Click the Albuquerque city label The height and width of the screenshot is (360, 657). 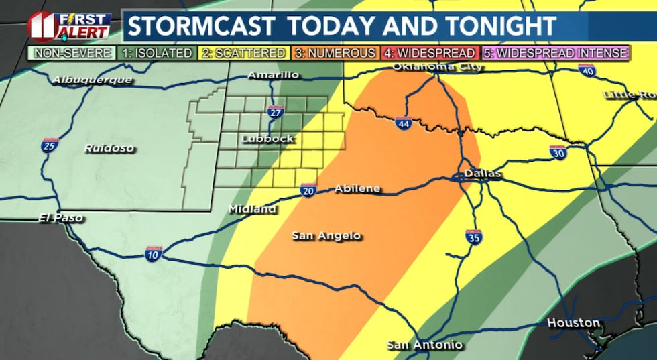click(x=93, y=80)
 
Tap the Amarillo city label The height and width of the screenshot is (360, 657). click(x=273, y=75)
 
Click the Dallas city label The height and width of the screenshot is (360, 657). click(x=481, y=174)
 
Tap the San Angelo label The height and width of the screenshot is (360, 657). click(x=326, y=235)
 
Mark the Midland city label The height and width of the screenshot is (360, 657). click(x=252, y=209)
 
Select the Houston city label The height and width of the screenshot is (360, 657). click(x=573, y=323)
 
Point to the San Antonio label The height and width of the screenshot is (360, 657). click(x=424, y=345)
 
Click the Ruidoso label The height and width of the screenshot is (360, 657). click(x=109, y=148)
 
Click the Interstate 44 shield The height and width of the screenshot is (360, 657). click(x=403, y=123)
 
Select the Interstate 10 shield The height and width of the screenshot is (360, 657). click(x=154, y=253)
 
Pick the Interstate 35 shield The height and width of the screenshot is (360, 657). click(x=473, y=236)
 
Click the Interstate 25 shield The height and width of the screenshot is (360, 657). click(x=50, y=145)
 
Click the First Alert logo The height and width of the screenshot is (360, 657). click(x=69, y=25)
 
